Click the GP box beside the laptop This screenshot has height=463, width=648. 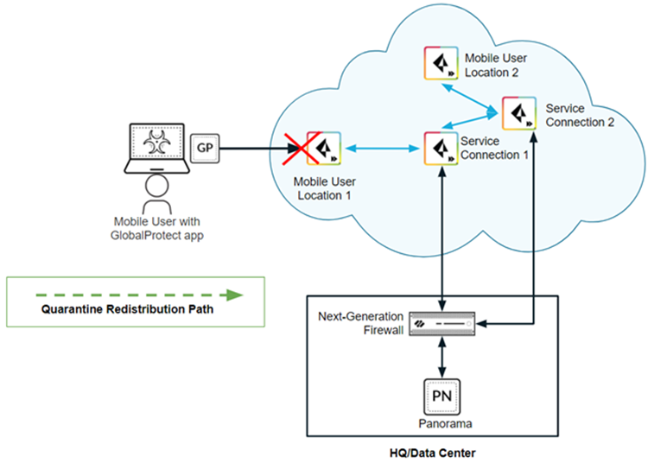(204, 148)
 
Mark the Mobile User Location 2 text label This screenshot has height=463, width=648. (495, 66)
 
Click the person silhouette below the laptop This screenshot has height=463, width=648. (156, 194)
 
